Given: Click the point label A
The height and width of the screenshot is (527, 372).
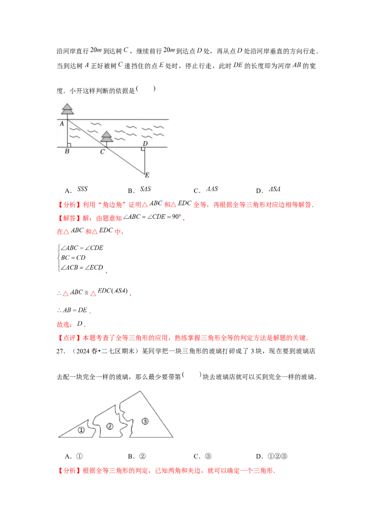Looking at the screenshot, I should pos(62,123).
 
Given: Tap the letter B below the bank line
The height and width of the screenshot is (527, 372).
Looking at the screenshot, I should pos(67,151).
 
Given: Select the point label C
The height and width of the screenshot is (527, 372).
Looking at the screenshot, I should pos(102,151).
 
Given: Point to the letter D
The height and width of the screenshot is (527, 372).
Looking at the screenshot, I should pos(145,143).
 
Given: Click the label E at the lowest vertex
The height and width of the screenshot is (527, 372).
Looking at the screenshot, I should pos(147,176).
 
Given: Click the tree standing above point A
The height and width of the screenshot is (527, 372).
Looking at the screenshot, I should pos(67,109).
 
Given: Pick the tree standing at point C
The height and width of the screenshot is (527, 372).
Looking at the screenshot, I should pos(106,137).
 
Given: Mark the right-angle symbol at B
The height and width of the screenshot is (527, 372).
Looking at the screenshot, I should pos(69,145).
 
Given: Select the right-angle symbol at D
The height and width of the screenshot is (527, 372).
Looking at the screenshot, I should pos(143,149).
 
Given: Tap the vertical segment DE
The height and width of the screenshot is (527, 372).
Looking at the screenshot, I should pos(145,161).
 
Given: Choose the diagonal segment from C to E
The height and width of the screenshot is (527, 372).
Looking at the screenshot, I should pos(126,161).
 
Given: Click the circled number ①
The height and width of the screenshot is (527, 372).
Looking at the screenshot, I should pos(81,430).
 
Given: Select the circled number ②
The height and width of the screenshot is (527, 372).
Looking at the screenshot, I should pos(110,426).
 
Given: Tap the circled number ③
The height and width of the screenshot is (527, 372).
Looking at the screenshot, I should pos(145,421).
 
